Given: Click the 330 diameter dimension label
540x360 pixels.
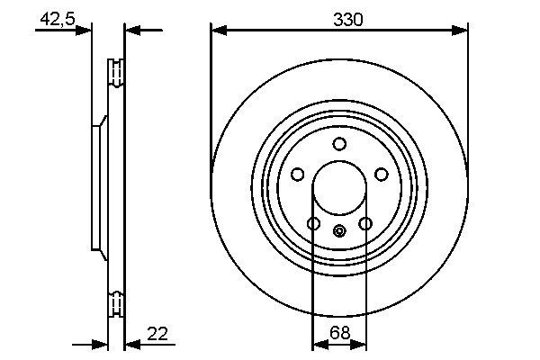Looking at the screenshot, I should point(340,19).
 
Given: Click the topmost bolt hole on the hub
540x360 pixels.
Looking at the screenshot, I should point(339,144).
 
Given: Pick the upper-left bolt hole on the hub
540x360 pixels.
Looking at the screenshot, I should point(298,174).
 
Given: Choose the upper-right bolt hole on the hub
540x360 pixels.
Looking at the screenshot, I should point(381,174).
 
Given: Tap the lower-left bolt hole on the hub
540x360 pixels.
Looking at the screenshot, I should point(314,223).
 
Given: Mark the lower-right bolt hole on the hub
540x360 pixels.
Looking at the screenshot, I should point(365,223).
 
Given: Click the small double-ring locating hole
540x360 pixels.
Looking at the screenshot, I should point(339,231).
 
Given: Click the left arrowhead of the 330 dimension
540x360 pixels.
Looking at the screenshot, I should point(217,31).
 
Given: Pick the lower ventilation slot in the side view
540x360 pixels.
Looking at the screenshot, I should point(115,304).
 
